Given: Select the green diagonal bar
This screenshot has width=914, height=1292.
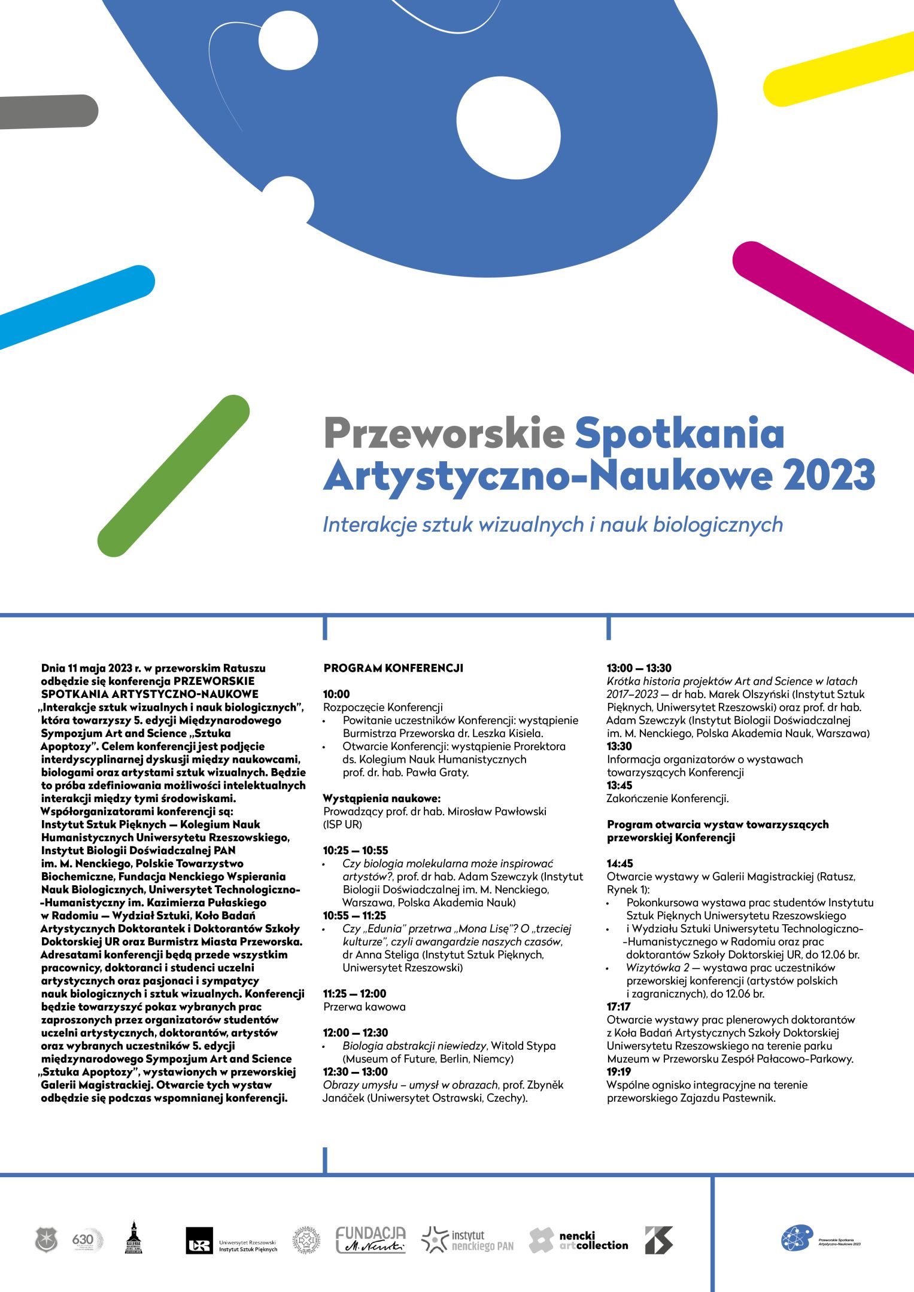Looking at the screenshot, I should [x=174, y=476].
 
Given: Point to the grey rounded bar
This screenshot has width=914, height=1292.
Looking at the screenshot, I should [x=48, y=111].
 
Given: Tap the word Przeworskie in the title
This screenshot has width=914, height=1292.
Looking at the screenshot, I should [x=444, y=433].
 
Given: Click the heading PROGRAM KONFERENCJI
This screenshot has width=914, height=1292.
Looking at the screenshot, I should [x=393, y=668].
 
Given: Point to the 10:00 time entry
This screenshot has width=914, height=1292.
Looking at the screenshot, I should [x=336, y=694].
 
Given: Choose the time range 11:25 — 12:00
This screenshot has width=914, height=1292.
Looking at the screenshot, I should [x=354, y=994].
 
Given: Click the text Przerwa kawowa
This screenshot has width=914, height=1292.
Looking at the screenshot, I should [x=365, y=1007].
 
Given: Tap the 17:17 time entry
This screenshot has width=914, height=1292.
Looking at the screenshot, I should [x=618, y=1007].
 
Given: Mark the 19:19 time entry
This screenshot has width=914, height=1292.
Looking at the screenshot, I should [x=619, y=1072].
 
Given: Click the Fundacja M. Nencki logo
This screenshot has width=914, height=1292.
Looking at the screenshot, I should [x=371, y=1240].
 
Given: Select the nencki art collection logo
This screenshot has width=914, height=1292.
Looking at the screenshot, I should [x=579, y=1240].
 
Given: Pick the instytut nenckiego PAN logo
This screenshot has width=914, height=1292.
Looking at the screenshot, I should [x=467, y=1240].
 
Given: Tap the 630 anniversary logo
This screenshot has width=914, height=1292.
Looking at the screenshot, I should [x=87, y=1240].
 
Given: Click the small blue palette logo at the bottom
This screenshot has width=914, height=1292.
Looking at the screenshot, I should [x=797, y=1238].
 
